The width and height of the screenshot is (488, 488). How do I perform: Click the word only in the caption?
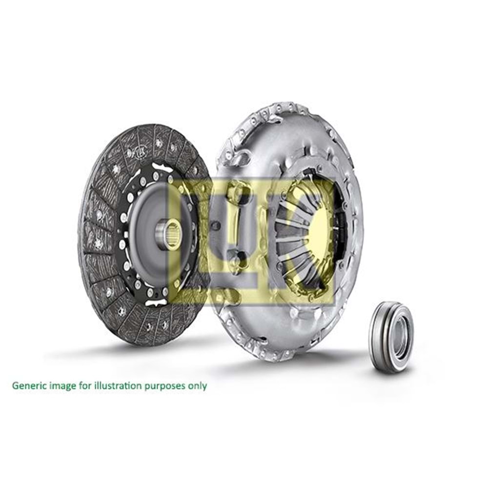(197, 386)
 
